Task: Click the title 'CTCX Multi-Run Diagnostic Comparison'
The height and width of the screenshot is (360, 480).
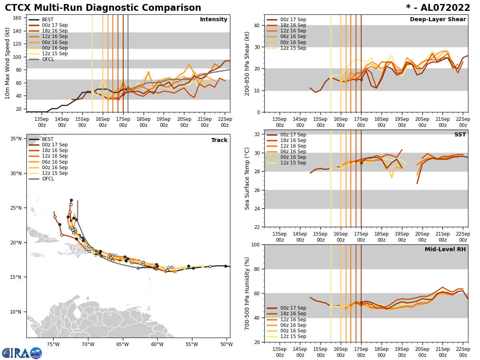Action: [x=103, y=8]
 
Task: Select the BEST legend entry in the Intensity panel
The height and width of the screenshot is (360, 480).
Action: [x=47, y=20]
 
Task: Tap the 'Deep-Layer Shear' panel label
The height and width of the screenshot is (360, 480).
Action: [x=438, y=20]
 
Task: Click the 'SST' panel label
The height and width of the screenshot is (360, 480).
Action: [x=460, y=135]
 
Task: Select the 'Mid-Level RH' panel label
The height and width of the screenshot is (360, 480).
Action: [x=445, y=250]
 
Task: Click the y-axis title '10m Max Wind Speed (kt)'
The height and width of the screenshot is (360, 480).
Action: [x=8, y=63]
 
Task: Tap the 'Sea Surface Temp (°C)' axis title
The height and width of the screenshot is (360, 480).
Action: [x=247, y=178]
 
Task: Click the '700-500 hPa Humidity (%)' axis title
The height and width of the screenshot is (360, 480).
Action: [x=247, y=293]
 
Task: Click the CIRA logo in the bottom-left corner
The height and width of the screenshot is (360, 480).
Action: [x=22, y=353]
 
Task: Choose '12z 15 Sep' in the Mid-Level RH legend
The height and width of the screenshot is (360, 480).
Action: [x=294, y=336]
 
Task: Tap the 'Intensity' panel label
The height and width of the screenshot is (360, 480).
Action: [x=214, y=20]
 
